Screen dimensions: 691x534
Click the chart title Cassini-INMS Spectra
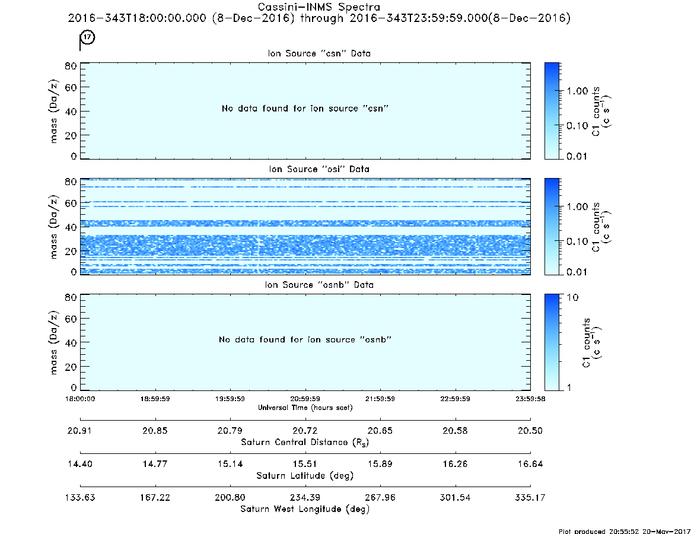(x=319, y=7)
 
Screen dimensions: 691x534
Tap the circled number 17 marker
(x=88, y=37)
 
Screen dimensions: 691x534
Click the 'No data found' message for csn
(x=305, y=109)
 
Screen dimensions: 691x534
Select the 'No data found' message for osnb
(x=305, y=339)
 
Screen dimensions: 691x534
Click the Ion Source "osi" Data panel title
(x=319, y=169)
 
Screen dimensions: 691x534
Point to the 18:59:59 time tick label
(x=155, y=399)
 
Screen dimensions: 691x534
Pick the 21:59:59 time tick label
(x=380, y=399)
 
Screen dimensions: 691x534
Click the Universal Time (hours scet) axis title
(x=305, y=408)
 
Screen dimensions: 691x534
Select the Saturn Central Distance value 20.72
(x=305, y=431)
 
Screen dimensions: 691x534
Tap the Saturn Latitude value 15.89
(x=380, y=464)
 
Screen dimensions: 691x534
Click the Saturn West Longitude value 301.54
(x=455, y=497)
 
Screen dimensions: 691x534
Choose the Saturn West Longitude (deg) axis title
(x=305, y=509)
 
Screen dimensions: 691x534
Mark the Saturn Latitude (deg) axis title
(x=305, y=476)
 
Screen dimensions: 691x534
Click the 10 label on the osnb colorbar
(x=572, y=298)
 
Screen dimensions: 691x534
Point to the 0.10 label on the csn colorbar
(x=577, y=126)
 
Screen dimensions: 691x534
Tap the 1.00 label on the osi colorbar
(x=577, y=207)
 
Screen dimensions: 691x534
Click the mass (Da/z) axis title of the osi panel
(x=53, y=227)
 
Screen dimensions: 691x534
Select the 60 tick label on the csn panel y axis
(x=71, y=87)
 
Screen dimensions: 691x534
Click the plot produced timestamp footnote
(x=625, y=531)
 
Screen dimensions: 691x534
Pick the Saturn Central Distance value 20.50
(x=530, y=431)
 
